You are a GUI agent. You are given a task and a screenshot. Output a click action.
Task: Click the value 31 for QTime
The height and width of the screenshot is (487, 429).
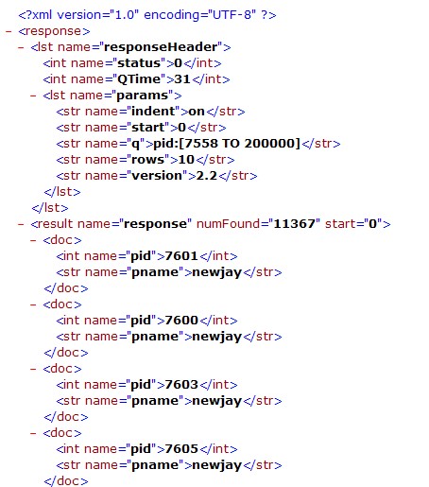click(182, 79)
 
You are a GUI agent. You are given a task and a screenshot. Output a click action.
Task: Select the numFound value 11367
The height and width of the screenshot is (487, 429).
click(294, 224)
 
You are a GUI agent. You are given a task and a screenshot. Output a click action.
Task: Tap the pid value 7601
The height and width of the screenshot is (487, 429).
click(181, 256)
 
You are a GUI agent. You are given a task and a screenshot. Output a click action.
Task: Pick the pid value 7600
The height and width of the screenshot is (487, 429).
click(181, 321)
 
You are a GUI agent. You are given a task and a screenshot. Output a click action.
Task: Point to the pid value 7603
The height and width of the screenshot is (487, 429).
click(181, 385)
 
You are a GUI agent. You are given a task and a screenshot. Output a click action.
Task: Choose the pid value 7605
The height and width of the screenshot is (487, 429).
click(181, 449)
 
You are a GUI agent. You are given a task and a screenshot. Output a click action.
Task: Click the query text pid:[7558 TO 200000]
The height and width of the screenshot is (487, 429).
click(227, 144)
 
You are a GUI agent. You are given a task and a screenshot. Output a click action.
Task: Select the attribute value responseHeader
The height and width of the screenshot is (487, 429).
click(161, 47)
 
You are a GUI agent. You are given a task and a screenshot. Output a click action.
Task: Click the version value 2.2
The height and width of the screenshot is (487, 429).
click(207, 176)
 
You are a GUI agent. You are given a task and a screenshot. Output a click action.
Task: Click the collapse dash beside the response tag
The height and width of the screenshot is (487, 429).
click(9, 31)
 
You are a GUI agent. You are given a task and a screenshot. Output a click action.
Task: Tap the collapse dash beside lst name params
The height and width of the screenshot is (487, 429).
click(33, 96)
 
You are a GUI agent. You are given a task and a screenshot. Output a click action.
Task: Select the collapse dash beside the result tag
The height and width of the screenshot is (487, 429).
click(21, 224)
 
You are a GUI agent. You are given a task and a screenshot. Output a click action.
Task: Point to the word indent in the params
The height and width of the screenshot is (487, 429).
click(153, 112)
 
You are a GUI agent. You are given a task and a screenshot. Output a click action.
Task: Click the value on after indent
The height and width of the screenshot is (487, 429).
click(197, 112)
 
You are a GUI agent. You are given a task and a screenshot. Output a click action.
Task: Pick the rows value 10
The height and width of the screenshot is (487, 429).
click(186, 160)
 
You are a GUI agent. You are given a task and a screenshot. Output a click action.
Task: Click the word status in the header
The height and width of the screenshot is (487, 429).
click(139, 63)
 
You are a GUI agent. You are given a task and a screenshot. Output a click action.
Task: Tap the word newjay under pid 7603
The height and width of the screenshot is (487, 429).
click(216, 401)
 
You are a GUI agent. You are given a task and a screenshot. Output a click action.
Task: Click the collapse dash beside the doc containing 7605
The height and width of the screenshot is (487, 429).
click(33, 433)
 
